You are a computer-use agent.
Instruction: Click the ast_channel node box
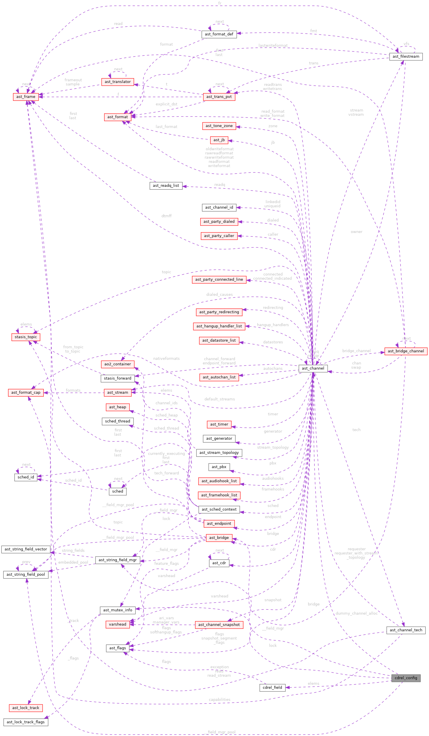[x=313, y=368]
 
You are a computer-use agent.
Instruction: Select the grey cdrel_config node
[x=406, y=678]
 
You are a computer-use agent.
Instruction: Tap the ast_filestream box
[x=406, y=56]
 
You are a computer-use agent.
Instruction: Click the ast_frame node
[x=26, y=97]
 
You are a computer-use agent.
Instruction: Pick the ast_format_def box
[x=219, y=34]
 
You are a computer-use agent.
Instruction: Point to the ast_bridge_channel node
[x=406, y=351]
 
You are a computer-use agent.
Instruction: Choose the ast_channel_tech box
[x=406, y=630]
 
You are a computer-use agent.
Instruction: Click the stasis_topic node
[x=26, y=337]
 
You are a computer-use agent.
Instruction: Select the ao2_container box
[x=118, y=364]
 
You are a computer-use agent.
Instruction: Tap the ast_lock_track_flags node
[x=26, y=722]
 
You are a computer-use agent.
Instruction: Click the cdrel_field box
[x=272, y=687]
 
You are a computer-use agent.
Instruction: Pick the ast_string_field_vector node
[x=26, y=549]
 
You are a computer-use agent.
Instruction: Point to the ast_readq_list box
[x=166, y=185]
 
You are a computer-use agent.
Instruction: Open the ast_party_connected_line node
[x=219, y=280]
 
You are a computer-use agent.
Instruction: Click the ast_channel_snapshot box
[x=219, y=625]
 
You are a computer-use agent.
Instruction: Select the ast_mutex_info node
[x=118, y=610]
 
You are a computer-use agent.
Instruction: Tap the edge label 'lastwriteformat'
[x=273, y=46]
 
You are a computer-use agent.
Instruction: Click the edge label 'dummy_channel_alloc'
[x=356, y=613]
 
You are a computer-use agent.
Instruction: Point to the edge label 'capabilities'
[x=219, y=700]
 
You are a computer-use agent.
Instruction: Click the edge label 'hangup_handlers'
[x=273, y=325]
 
